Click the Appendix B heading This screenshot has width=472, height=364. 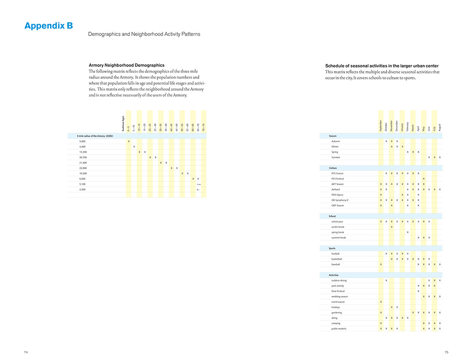[x=49, y=26]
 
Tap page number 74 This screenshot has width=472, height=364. [x=26, y=352]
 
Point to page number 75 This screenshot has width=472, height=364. [x=446, y=352]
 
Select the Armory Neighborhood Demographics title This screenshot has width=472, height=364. [x=126, y=65]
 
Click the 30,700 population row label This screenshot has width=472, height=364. [x=83, y=158]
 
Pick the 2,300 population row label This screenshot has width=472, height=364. [x=82, y=190]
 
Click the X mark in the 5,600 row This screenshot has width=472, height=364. [x=128, y=142]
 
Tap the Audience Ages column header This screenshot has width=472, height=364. [x=123, y=124]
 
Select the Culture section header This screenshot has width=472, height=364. [x=333, y=168]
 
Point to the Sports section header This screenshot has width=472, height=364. [x=332, y=249]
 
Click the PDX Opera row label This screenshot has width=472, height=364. [x=337, y=195]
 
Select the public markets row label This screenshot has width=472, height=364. [x=339, y=328]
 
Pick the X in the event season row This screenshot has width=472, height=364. [x=381, y=302]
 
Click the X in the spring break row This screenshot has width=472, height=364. [x=408, y=232]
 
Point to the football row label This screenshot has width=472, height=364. [x=335, y=254]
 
